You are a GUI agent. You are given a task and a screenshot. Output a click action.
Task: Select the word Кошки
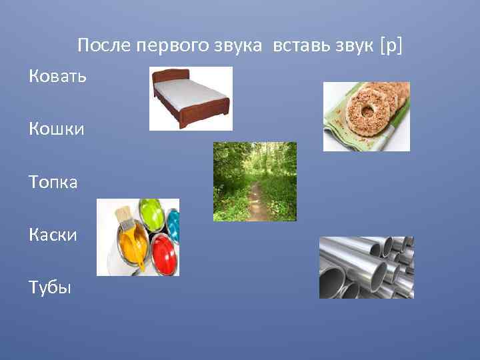pyautogui.click(x=57, y=129)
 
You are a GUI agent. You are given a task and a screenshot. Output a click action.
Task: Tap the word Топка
pyautogui.click(x=53, y=181)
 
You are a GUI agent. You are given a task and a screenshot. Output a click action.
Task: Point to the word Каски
pyautogui.click(x=53, y=234)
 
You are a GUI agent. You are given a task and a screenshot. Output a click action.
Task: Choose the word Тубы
pyautogui.click(x=49, y=287)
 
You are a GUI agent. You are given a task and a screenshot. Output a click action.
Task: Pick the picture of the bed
pyautogui.click(x=190, y=98)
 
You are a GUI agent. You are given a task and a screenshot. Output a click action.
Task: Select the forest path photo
pyautogui.click(x=255, y=181)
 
